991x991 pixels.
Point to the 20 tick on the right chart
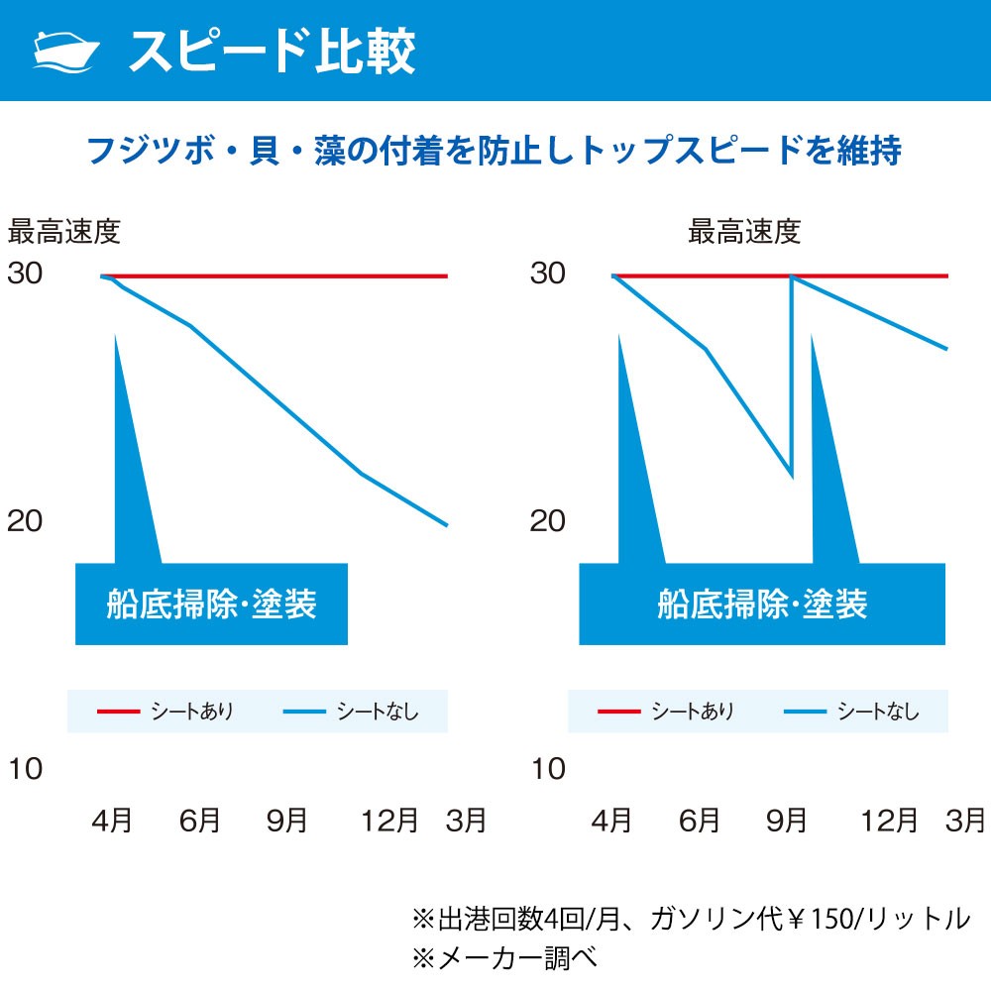tap(547, 521)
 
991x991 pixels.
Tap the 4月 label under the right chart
tap(611, 821)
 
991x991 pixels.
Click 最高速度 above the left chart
tap(64, 233)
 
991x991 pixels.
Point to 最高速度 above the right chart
tap(744, 233)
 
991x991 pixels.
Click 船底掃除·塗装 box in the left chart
tap(211, 604)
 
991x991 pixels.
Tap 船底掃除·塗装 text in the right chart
tap(761, 604)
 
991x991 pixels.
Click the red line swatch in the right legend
tap(618, 712)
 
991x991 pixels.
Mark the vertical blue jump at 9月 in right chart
tap(792, 377)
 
